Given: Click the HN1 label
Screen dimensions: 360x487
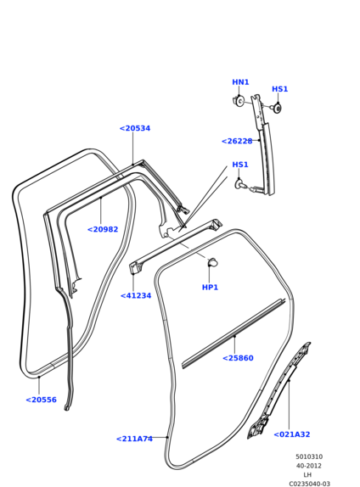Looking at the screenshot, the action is pyautogui.click(x=240, y=82).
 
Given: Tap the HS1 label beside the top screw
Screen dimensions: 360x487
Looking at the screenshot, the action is pyautogui.click(x=280, y=89).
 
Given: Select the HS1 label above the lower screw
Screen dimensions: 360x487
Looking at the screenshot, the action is pyautogui.click(x=240, y=165).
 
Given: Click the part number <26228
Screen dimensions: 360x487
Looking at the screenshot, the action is pyautogui.click(x=237, y=142).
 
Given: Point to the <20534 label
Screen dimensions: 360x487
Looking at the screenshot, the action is pyautogui.click(x=135, y=128).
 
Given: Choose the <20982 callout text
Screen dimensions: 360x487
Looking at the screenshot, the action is pyautogui.click(x=103, y=230).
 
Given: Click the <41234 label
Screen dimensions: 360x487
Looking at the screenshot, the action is pyautogui.click(x=136, y=295).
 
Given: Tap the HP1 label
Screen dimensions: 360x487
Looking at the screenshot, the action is pyautogui.click(x=211, y=288).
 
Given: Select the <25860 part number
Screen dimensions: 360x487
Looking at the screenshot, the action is pyautogui.click(x=238, y=358).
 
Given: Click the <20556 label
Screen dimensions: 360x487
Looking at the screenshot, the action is pyautogui.click(x=41, y=400).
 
